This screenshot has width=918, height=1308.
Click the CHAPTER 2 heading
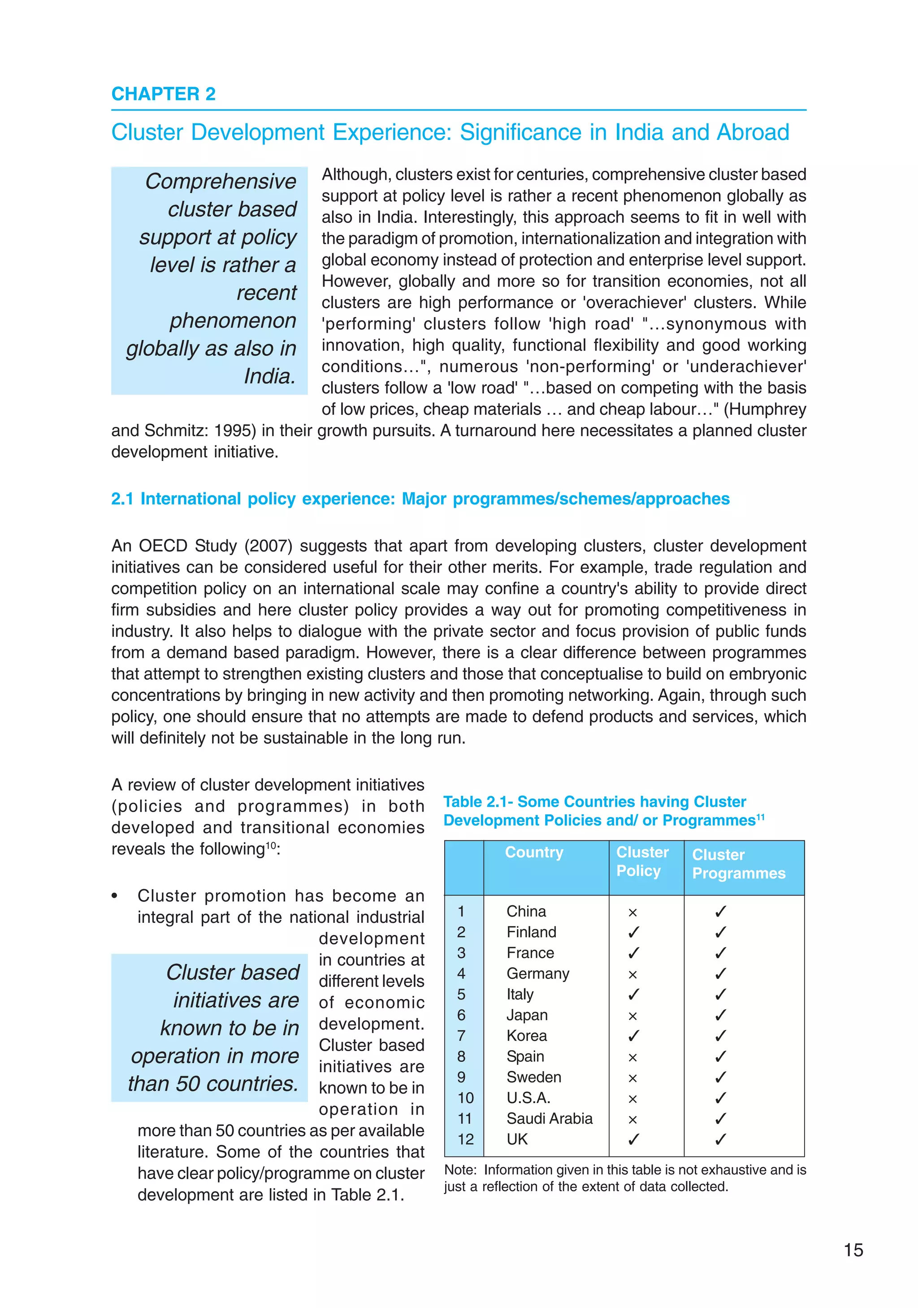click(164, 94)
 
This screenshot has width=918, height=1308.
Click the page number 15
click(853, 1250)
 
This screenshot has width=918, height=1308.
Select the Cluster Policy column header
click(642, 861)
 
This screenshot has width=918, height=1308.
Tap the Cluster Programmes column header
click(738, 864)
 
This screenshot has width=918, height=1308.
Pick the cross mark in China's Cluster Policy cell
click(632, 913)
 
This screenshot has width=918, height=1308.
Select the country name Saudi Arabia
click(549, 1118)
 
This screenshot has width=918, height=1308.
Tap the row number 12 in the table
click(465, 1139)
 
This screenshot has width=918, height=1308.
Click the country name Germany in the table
click(537, 973)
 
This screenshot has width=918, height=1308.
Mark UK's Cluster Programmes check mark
click(720, 1139)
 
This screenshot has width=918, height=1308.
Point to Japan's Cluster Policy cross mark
click(632, 1016)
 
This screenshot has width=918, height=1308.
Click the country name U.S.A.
click(528, 1098)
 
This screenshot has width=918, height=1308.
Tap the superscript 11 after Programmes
click(760, 817)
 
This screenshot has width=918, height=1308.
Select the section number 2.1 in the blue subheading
click(122, 499)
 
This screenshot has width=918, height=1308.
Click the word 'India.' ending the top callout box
click(269, 377)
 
